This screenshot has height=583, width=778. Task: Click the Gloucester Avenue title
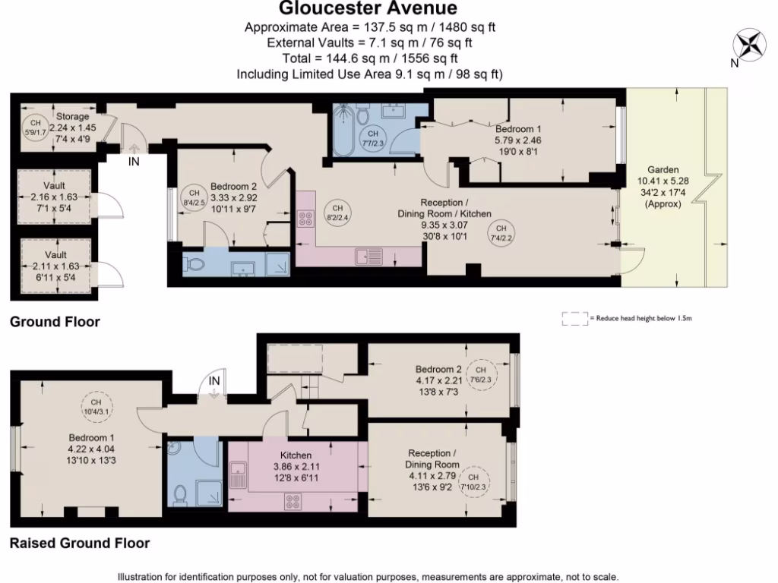[368, 8]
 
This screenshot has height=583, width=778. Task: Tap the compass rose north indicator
[749, 44]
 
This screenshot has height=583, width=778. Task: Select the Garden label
[663, 169]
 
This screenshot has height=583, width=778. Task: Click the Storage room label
[72, 116]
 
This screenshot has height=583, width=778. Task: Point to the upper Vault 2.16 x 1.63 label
[54, 197]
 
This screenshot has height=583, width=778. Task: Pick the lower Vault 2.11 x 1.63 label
[55, 266]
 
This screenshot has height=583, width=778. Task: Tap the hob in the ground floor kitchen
[305, 219]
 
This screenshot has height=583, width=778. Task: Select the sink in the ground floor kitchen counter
[368, 257]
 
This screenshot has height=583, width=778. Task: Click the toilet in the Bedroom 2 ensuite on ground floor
[194, 265]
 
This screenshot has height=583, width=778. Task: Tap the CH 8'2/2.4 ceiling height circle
[337, 213]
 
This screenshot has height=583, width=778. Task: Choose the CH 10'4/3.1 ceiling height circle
[96, 407]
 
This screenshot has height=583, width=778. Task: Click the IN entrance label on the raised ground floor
[213, 381]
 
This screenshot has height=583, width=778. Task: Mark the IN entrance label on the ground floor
[134, 162]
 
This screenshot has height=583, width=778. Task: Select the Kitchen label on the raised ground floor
[296, 455]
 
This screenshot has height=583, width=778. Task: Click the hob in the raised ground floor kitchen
[293, 502]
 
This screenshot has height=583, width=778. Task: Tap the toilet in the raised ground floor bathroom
[180, 495]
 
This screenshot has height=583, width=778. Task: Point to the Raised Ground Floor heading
[80, 544]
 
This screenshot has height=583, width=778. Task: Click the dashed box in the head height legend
[575, 319]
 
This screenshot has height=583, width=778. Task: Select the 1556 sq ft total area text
[429, 58]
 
